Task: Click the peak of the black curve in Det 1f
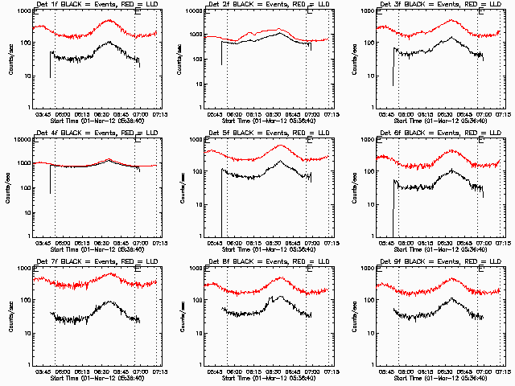tap(109, 43)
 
